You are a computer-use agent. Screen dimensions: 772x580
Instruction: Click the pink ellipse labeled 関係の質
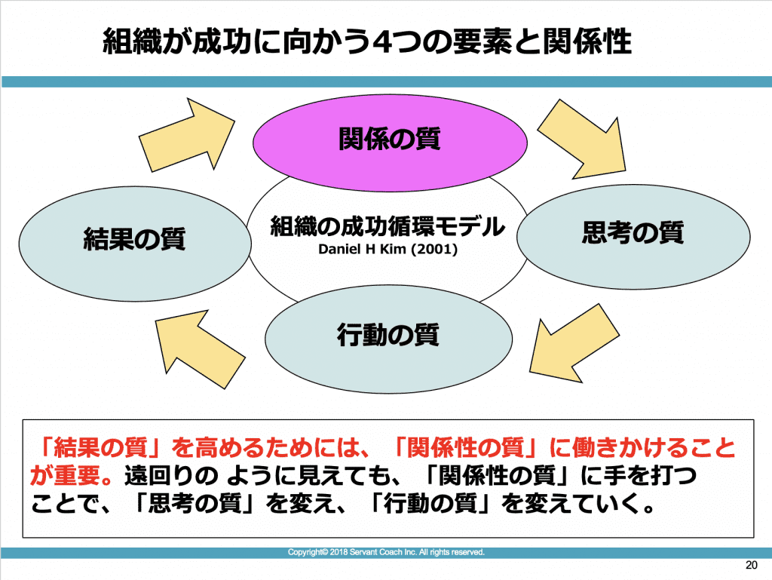[390, 143]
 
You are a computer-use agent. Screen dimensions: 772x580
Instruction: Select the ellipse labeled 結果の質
[135, 244]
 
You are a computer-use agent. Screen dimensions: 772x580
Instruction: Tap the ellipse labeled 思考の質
[633, 237]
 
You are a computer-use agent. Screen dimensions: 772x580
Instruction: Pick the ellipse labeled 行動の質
[388, 339]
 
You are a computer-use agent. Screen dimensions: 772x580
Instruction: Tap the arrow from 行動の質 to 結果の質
[199, 348]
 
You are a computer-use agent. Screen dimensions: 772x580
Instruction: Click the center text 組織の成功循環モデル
[388, 226]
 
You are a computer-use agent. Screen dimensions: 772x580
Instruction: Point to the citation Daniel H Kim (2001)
[388, 249]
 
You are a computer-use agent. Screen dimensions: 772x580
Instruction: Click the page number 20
[752, 565]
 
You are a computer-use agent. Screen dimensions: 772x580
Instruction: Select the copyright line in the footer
[386, 552]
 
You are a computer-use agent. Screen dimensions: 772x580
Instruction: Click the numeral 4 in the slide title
[382, 41]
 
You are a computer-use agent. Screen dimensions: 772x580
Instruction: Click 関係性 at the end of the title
[587, 41]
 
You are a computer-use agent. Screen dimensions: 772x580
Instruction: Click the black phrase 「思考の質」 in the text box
[197, 504]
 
